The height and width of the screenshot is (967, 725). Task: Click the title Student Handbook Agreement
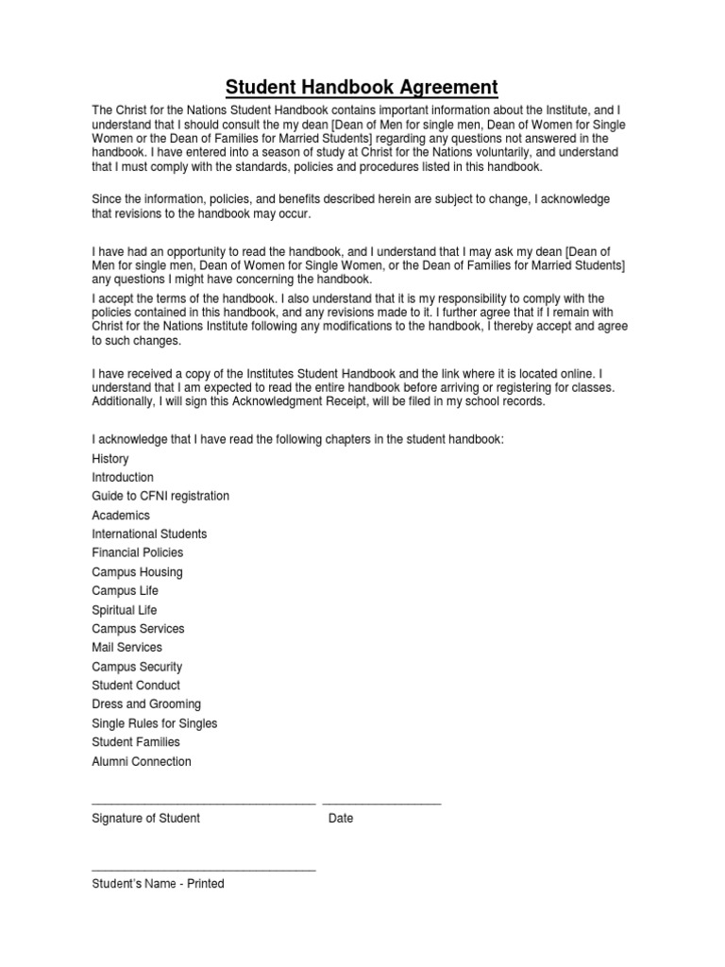(x=362, y=88)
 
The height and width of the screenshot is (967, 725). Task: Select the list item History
(x=110, y=458)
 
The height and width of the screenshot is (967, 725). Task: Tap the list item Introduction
(x=123, y=477)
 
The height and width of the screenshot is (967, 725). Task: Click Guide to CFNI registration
(x=160, y=496)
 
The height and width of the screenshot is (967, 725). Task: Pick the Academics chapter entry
(x=121, y=516)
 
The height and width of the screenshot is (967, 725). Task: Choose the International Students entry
(x=149, y=534)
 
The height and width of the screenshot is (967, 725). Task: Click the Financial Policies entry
(x=138, y=552)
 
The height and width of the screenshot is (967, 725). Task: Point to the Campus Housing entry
(x=138, y=572)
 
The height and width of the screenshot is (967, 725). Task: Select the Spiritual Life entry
(x=125, y=610)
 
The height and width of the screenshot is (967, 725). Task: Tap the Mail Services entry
(x=127, y=648)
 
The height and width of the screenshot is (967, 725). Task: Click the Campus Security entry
(x=137, y=667)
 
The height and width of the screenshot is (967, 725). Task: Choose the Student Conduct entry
(x=136, y=686)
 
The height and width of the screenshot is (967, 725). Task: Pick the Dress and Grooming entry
(x=146, y=704)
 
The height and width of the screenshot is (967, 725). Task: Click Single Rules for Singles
(x=155, y=723)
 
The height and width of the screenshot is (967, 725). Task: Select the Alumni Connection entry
(x=142, y=761)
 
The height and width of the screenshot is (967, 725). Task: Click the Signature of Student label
(x=146, y=818)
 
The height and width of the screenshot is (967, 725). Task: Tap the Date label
(x=341, y=818)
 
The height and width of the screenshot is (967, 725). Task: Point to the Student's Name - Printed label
(x=158, y=884)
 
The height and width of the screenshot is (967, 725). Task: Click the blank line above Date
(x=381, y=804)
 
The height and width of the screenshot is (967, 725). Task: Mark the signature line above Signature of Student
(x=203, y=804)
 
